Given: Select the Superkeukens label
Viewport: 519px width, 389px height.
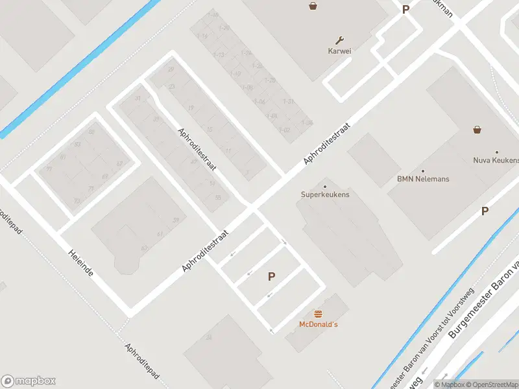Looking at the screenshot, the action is (x=325, y=194).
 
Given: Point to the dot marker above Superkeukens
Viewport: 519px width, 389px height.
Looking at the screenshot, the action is (x=325, y=187).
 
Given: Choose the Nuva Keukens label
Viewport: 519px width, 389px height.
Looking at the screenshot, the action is (x=496, y=160).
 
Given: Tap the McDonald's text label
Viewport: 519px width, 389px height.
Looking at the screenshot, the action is (x=319, y=324).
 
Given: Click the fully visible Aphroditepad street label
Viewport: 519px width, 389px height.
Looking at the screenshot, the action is (x=143, y=365).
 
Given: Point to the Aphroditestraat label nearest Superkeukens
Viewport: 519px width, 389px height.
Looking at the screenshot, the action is (x=327, y=143).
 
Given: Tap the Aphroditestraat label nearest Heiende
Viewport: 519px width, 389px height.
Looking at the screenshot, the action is (x=206, y=250).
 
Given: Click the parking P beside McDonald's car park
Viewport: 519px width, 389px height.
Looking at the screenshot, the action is (x=272, y=276).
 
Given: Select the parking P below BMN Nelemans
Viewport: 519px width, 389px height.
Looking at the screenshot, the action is (x=485, y=211).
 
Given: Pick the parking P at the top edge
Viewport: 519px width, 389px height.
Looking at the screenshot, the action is (x=406, y=10).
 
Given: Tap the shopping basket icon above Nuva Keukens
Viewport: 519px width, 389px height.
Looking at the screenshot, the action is (x=477, y=129).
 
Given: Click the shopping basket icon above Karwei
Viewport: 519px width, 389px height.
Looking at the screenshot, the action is (x=313, y=6).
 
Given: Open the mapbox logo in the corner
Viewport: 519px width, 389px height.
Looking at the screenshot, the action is (x=29, y=381).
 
